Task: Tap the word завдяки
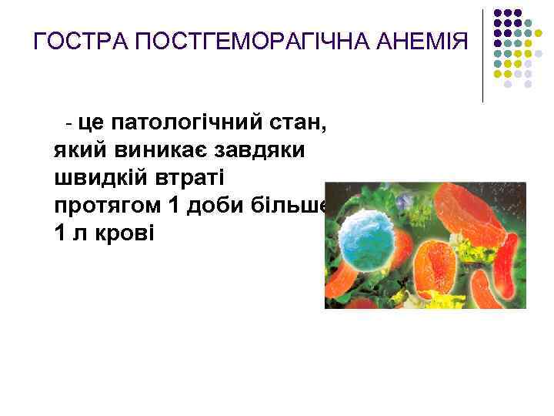coord(261,149)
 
